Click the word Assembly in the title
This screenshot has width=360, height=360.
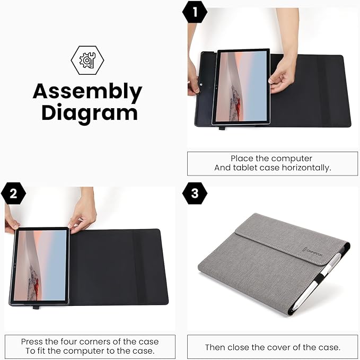tap(87, 92)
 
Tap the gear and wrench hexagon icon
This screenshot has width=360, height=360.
tap(87, 60)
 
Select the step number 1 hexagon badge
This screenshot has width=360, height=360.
tap(195, 12)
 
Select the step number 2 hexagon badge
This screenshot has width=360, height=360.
tap(13, 194)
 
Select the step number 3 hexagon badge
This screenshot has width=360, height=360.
tap(195, 194)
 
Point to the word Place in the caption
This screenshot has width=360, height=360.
tap(241, 159)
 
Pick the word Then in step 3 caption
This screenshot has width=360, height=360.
tap(215, 348)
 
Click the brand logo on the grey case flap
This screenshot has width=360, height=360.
tap(315, 245)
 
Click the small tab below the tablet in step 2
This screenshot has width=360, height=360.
tap(36, 307)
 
